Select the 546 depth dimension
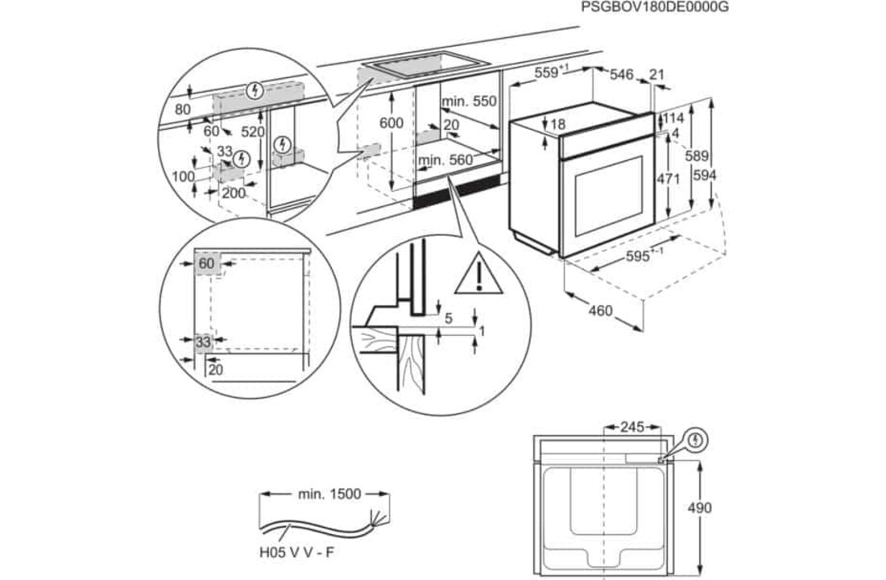(622, 74)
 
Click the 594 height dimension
(704, 175)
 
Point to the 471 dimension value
(668, 180)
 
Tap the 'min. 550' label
(469, 101)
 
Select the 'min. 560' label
(445, 160)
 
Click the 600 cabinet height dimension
(391, 122)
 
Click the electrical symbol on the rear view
(697, 441)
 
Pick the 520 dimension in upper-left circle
(253, 131)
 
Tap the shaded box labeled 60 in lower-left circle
(207, 263)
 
